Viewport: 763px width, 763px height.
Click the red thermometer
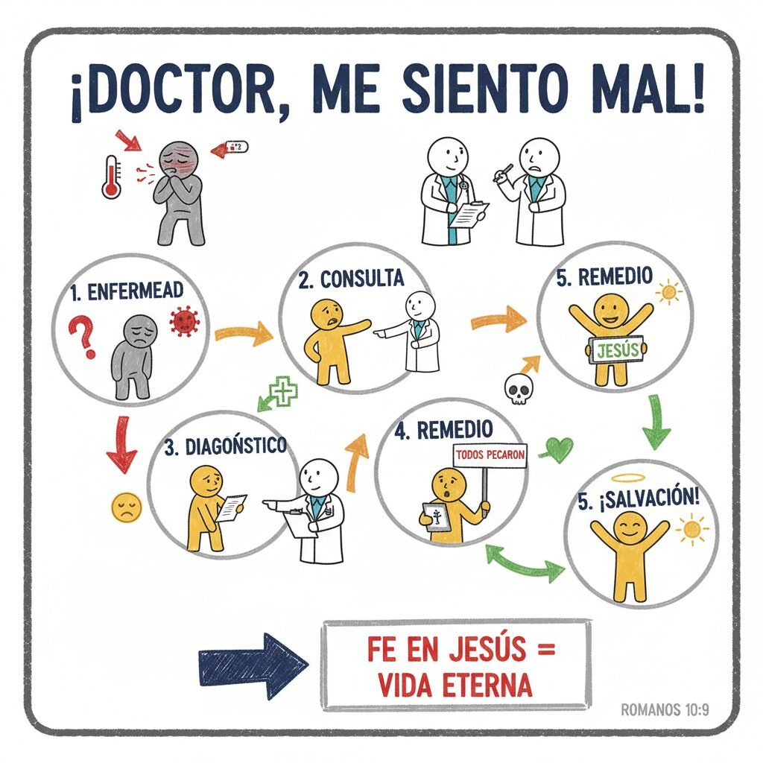click(x=112, y=177)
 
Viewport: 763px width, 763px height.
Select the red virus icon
click(x=185, y=321)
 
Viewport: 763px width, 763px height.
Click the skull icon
click(x=519, y=389)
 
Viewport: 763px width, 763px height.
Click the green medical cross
click(x=283, y=390)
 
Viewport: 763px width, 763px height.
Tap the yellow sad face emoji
click(x=127, y=507)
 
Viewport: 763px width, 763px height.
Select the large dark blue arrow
click(x=253, y=665)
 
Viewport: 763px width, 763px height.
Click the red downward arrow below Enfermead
click(x=121, y=444)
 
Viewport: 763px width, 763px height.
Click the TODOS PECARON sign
click(x=490, y=455)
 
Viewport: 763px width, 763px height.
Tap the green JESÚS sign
click(x=616, y=350)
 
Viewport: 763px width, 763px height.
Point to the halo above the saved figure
click(x=630, y=478)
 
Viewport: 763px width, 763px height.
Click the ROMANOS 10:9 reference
click(x=665, y=710)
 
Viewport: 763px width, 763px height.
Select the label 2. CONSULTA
click(x=351, y=279)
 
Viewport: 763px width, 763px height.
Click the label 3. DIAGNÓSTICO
click(x=225, y=446)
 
